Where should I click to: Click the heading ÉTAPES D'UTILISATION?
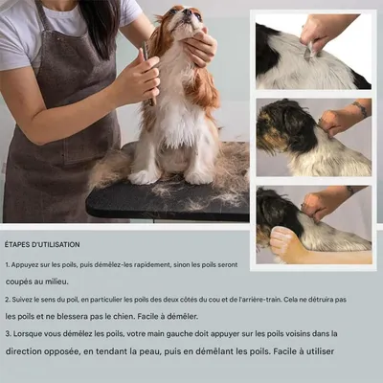tap(42, 245)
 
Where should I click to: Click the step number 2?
tap(7, 300)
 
